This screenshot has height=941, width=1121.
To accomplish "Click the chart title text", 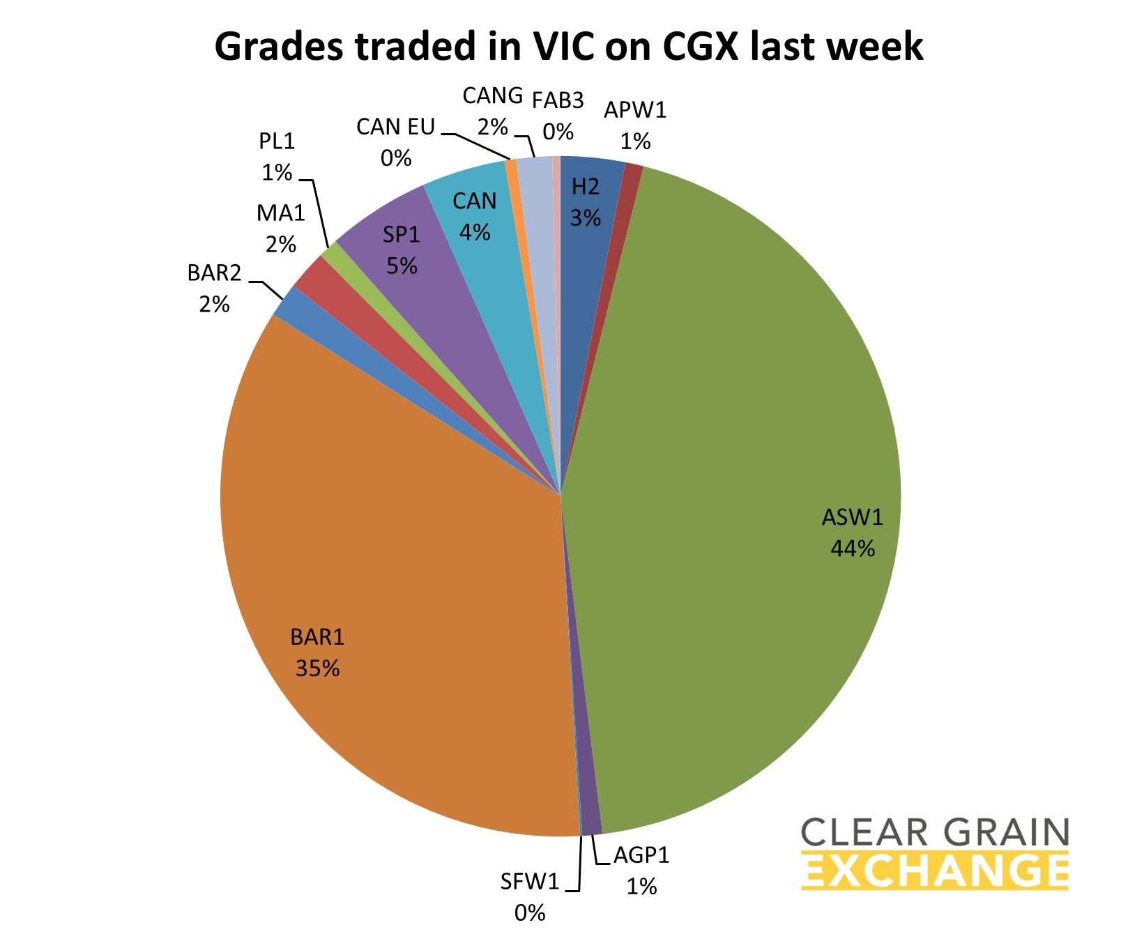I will point(568,47).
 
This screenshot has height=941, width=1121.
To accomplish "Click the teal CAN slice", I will point(481,209).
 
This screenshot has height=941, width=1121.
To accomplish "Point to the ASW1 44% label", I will point(853,533).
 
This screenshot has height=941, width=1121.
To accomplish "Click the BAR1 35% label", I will point(318,652).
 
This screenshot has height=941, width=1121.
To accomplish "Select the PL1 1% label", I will point(277,156).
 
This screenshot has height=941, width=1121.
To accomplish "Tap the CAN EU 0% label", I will point(395,142).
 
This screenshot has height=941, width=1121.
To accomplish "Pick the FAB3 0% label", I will point(558,115).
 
